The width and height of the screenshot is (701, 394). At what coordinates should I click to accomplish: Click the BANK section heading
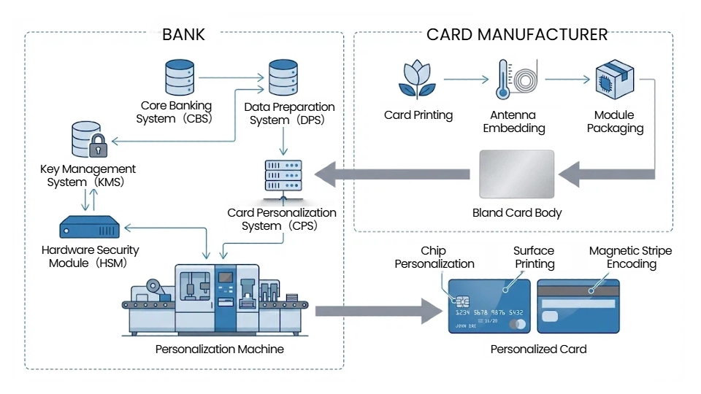click(x=183, y=34)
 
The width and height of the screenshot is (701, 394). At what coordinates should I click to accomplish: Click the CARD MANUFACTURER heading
click(x=517, y=34)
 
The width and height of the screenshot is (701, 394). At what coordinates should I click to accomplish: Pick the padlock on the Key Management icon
click(x=97, y=147)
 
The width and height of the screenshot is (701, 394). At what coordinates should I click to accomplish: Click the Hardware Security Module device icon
click(x=90, y=226)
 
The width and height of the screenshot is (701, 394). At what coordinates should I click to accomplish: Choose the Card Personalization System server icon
click(x=283, y=176)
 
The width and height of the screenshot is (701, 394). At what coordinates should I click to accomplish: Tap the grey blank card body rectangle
click(x=517, y=174)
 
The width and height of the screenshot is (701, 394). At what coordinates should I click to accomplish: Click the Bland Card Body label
click(x=517, y=213)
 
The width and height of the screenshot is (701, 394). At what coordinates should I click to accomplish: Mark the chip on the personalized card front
click(x=461, y=301)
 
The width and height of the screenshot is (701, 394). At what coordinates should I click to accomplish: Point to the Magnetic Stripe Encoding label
click(x=630, y=258)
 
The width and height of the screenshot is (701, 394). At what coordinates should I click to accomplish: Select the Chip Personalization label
click(x=434, y=258)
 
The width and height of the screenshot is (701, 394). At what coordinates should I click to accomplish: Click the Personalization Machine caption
click(x=219, y=349)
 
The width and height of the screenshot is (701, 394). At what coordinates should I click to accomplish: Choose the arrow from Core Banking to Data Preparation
click(x=230, y=76)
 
